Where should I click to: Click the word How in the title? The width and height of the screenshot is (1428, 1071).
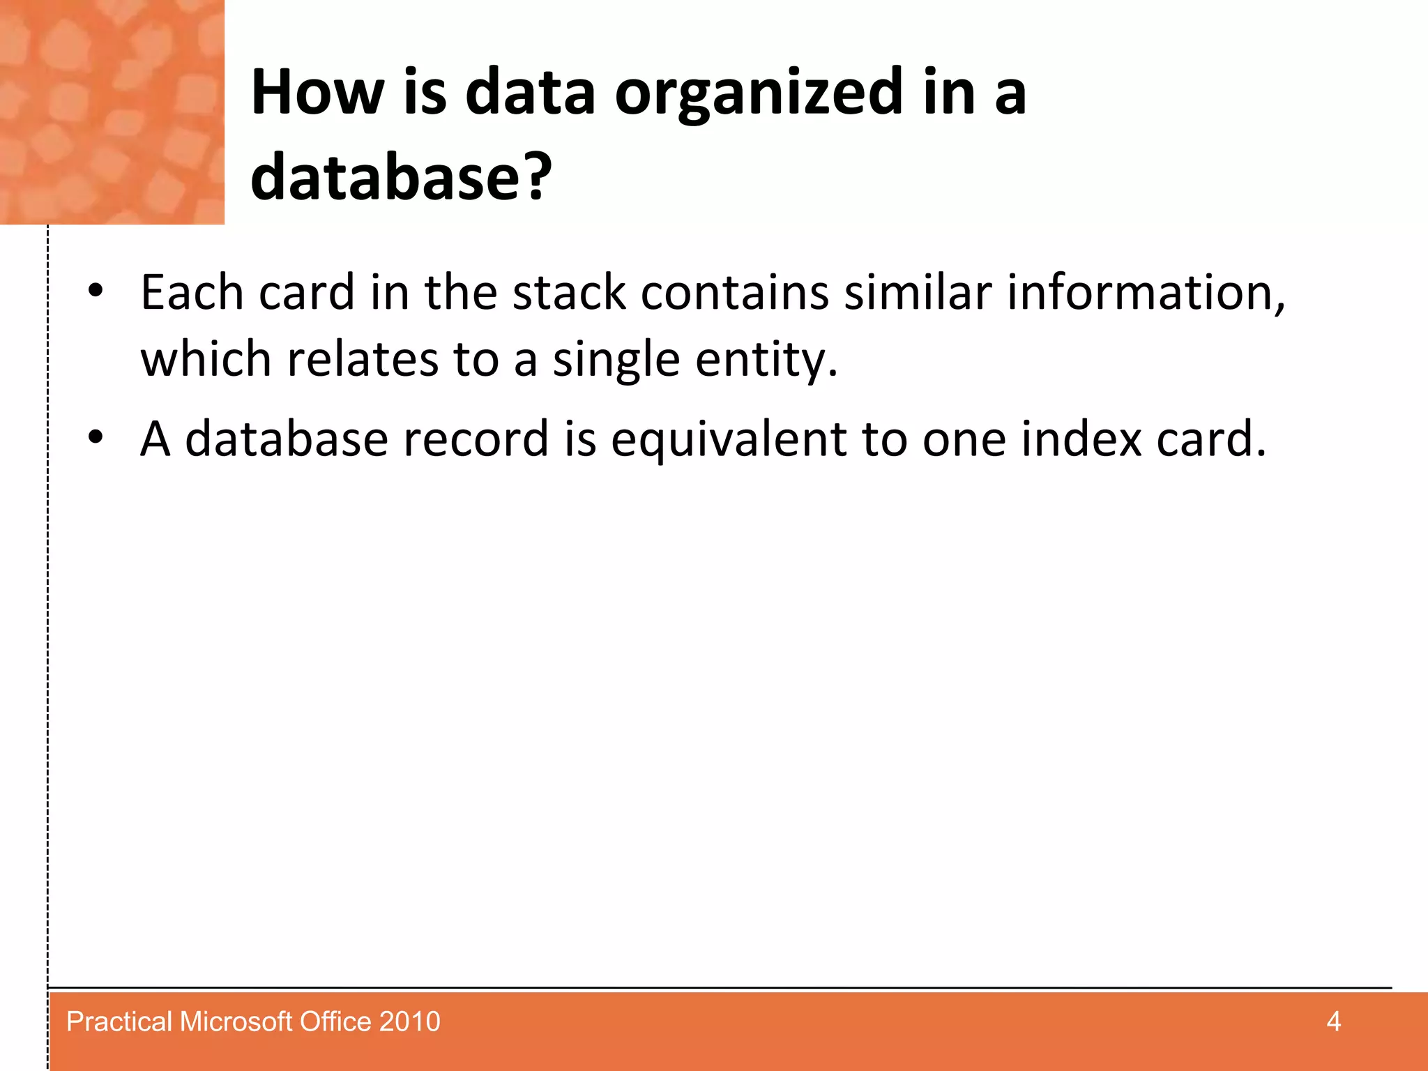point(317,92)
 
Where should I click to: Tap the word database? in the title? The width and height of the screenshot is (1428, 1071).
point(401,177)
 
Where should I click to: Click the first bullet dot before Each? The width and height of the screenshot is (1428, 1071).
point(96,290)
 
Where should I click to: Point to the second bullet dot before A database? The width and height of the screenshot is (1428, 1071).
point(96,437)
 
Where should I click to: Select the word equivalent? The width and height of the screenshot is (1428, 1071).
point(729,440)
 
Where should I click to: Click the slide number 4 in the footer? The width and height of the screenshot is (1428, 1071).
point(1333,1021)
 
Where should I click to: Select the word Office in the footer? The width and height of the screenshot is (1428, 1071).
point(335,1021)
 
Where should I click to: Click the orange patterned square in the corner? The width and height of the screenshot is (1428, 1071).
point(112,112)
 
